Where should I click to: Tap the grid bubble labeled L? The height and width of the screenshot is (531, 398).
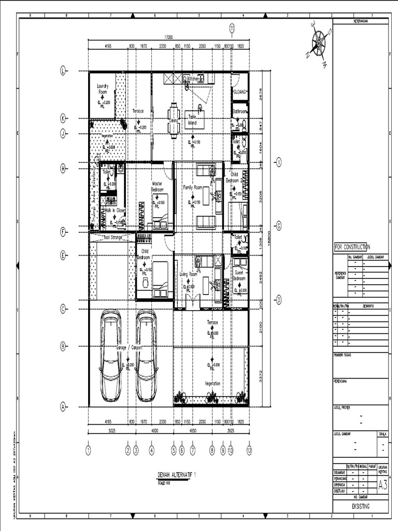point(63,72)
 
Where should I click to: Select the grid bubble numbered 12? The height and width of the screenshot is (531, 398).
point(249,451)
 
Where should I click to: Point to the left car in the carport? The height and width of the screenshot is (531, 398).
point(110,355)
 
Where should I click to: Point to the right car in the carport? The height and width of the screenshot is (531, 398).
point(147,355)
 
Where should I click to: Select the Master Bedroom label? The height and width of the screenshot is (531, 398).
point(158,186)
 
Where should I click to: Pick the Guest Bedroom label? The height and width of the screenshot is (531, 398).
point(239,275)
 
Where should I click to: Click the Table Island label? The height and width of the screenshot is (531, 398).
point(193,119)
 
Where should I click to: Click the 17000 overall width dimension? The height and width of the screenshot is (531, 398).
point(168,37)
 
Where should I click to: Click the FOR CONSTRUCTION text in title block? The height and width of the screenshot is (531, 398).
point(352,247)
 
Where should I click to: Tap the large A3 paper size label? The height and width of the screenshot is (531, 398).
point(382,485)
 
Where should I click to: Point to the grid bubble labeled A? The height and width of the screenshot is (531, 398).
point(63,407)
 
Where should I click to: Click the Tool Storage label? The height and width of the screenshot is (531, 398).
point(112,237)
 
